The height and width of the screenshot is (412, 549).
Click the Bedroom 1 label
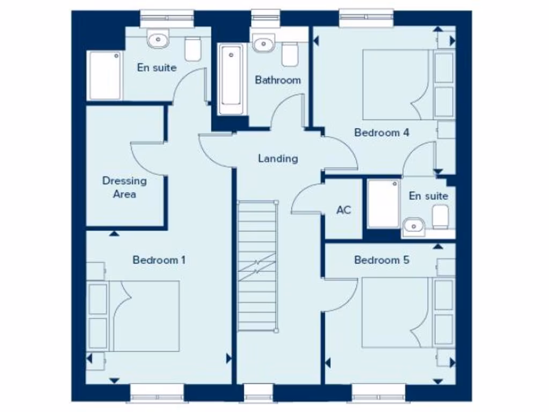click(159, 260)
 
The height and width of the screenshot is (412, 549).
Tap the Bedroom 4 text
click(382, 133)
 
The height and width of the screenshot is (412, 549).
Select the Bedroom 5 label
click(382, 260)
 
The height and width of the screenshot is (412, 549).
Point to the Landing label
click(278, 158)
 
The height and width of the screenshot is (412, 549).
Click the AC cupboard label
click(344, 210)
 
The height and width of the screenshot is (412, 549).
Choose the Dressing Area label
click(124, 187)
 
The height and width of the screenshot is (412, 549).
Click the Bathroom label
click(278, 80)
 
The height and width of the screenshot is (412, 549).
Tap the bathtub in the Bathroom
click(231, 79)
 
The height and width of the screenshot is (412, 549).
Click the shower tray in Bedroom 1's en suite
click(105, 75)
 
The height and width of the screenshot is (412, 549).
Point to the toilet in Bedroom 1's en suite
click(193, 49)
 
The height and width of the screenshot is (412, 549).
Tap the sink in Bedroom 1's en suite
click(158, 39)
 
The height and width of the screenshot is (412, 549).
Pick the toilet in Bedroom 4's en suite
click(441, 216)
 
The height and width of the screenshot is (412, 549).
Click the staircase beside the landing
click(258, 266)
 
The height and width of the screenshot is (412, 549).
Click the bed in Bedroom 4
click(399, 84)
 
